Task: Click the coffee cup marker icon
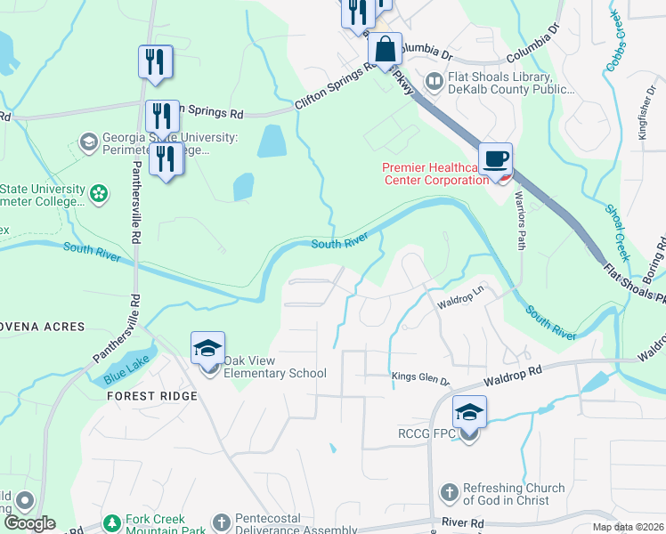coord(496,159)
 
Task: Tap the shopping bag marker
coord(386,50)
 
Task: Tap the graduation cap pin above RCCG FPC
coord(469,412)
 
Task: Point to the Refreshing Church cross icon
coord(451,492)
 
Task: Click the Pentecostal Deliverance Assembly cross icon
coord(222,522)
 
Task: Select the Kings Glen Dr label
coord(421,380)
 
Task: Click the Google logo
coord(29,524)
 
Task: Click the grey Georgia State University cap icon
coord(88,142)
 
